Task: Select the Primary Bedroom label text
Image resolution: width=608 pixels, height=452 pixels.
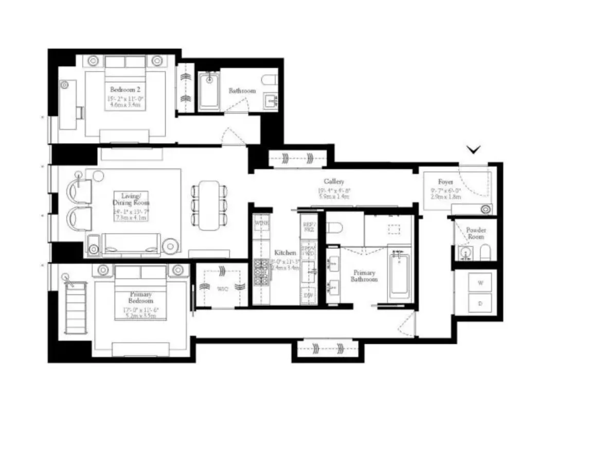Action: (140, 297)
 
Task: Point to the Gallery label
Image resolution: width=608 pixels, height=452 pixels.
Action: (334, 182)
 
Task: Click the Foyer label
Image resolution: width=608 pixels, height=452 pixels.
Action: (445, 182)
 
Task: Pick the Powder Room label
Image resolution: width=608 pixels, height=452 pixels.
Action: (475, 233)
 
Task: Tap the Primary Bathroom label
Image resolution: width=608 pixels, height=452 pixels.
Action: (364, 275)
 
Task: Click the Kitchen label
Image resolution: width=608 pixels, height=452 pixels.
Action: (284, 253)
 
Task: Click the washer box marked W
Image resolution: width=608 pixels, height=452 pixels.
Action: (480, 283)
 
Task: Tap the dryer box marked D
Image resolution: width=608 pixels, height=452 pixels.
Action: (480, 303)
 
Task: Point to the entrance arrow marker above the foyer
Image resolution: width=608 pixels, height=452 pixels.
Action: (474, 149)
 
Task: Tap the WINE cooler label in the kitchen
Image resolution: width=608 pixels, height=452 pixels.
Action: (261, 223)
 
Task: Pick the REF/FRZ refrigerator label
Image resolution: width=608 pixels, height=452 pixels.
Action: (308, 228)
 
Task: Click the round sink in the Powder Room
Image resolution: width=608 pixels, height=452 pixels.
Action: (466, 253)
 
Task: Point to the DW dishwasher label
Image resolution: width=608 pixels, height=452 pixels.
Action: (308, 295)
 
